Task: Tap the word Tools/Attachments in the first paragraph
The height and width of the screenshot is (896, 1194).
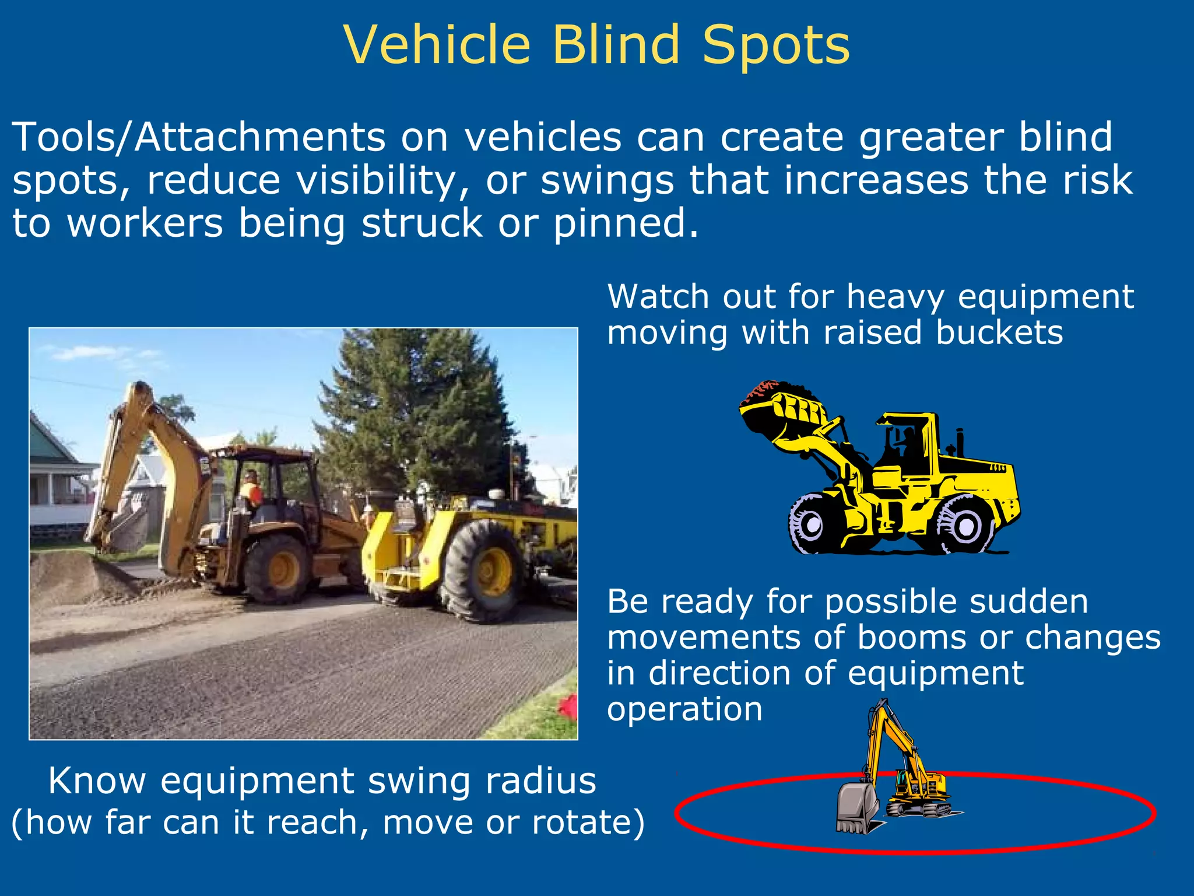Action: click(x=198, y=138)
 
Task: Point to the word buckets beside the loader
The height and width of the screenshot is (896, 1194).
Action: click(x=999, y=332)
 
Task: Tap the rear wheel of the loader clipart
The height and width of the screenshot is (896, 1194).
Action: click(x=964, y=524)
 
